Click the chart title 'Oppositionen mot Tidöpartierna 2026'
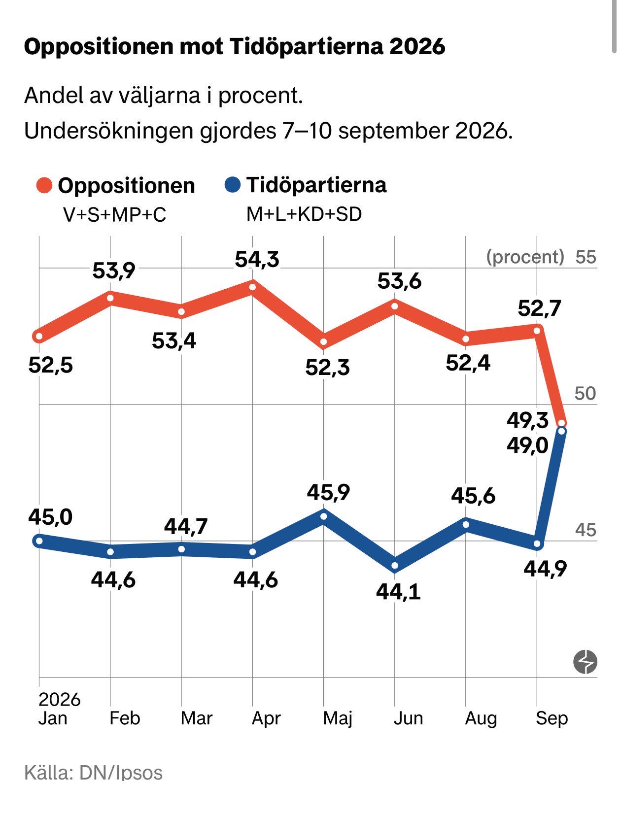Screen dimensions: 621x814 click(x=235, y=47)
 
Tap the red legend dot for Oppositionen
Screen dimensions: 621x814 click(x=44, y=185)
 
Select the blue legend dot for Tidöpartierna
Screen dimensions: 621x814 click(x=233, y=185)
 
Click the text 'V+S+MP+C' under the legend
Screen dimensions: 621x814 click(x=115, y=215)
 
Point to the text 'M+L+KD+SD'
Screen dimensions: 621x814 click(x=304, y=214)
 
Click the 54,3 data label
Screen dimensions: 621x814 click(x=257, y=260)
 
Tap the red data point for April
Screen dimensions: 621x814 click(x=253, y=287)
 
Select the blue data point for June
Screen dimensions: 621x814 click(x=395, y=566)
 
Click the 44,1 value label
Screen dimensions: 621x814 click(x=398, y=592)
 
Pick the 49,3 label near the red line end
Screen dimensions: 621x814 click(x=527, y=420)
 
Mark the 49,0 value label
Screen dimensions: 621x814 click(x=527, y=445)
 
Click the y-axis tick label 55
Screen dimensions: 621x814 click(x=586, y=257)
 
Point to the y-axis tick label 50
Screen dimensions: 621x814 click(x=586, y=393)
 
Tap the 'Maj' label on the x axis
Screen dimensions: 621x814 click(x=338, y=718)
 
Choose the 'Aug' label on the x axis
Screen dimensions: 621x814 click(x=481, y=719)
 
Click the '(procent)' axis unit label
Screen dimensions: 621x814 click(x=525, y=257)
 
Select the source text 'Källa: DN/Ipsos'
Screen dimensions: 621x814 click(x=94, y=773)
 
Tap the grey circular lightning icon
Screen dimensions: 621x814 click(x=586, y=661)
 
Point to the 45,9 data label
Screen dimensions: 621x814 click(x=329, y=492)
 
